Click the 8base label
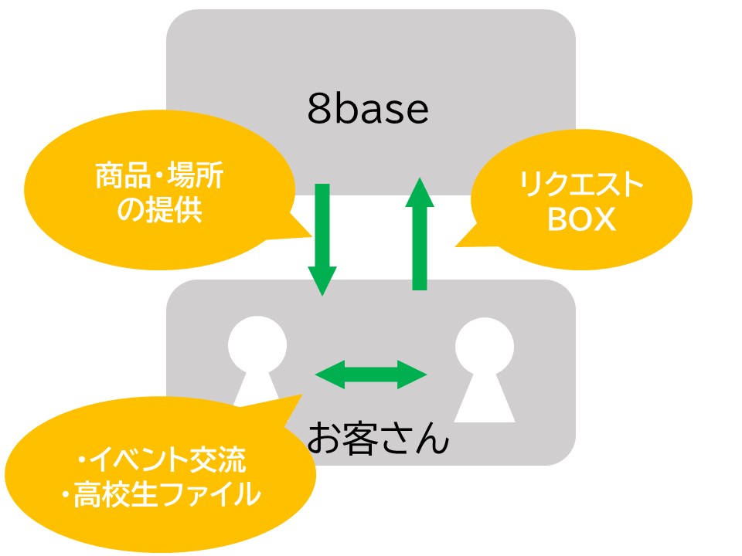point(368,111)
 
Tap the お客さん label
point(377,438)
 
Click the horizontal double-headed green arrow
point(371,375)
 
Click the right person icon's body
point(485,398)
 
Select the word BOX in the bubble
point(581,220)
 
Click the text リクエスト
point(581,185)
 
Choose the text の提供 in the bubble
point(158,209)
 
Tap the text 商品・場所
point(158,178)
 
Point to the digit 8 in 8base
point(318,111)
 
